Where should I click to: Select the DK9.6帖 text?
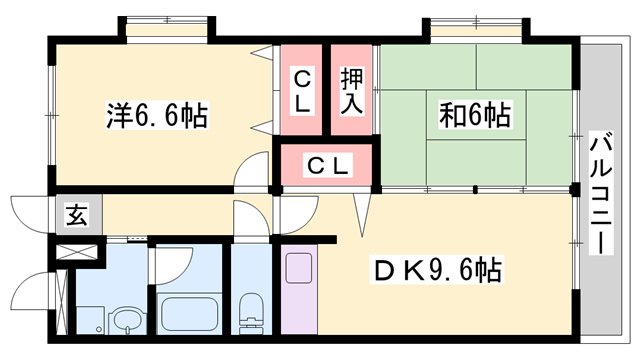(438, 269)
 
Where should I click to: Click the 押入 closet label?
(352, 89)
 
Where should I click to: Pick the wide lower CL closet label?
(326, 166)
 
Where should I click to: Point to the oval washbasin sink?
(125, 320)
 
